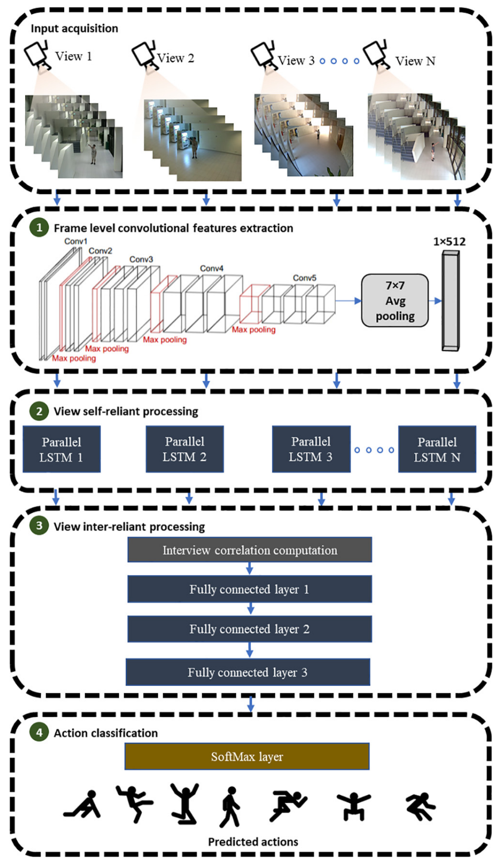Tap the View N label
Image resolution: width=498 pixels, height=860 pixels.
[415, 61]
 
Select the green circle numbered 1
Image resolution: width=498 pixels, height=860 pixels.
[39, 227]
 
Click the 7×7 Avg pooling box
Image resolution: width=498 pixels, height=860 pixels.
[395, 301]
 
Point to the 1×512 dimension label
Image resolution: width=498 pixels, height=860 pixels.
[449, 241]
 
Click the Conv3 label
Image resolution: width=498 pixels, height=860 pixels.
[141, 259]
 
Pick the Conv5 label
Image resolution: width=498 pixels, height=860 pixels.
[304, 278]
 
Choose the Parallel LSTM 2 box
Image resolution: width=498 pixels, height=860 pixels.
[185, 449]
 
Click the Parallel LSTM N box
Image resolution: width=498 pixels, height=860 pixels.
[437, 449]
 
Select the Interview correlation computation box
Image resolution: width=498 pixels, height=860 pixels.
[250, 550]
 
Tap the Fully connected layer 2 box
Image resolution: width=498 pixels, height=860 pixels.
[250, 629]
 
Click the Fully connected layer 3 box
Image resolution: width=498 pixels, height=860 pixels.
[248, 672]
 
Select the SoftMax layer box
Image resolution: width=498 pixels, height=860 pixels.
[247, 756]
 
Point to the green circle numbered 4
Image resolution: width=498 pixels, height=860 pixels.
[39, 732]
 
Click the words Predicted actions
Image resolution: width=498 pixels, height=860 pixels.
[253, 842]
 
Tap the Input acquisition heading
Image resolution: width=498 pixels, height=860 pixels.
[74, 28]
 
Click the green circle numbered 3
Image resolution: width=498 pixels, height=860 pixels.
[39, 526]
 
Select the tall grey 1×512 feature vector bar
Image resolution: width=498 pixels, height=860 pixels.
[451, 301]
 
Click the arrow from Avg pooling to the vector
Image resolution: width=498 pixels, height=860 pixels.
[435, 301]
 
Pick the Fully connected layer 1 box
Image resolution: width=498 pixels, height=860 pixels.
[250, 589]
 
